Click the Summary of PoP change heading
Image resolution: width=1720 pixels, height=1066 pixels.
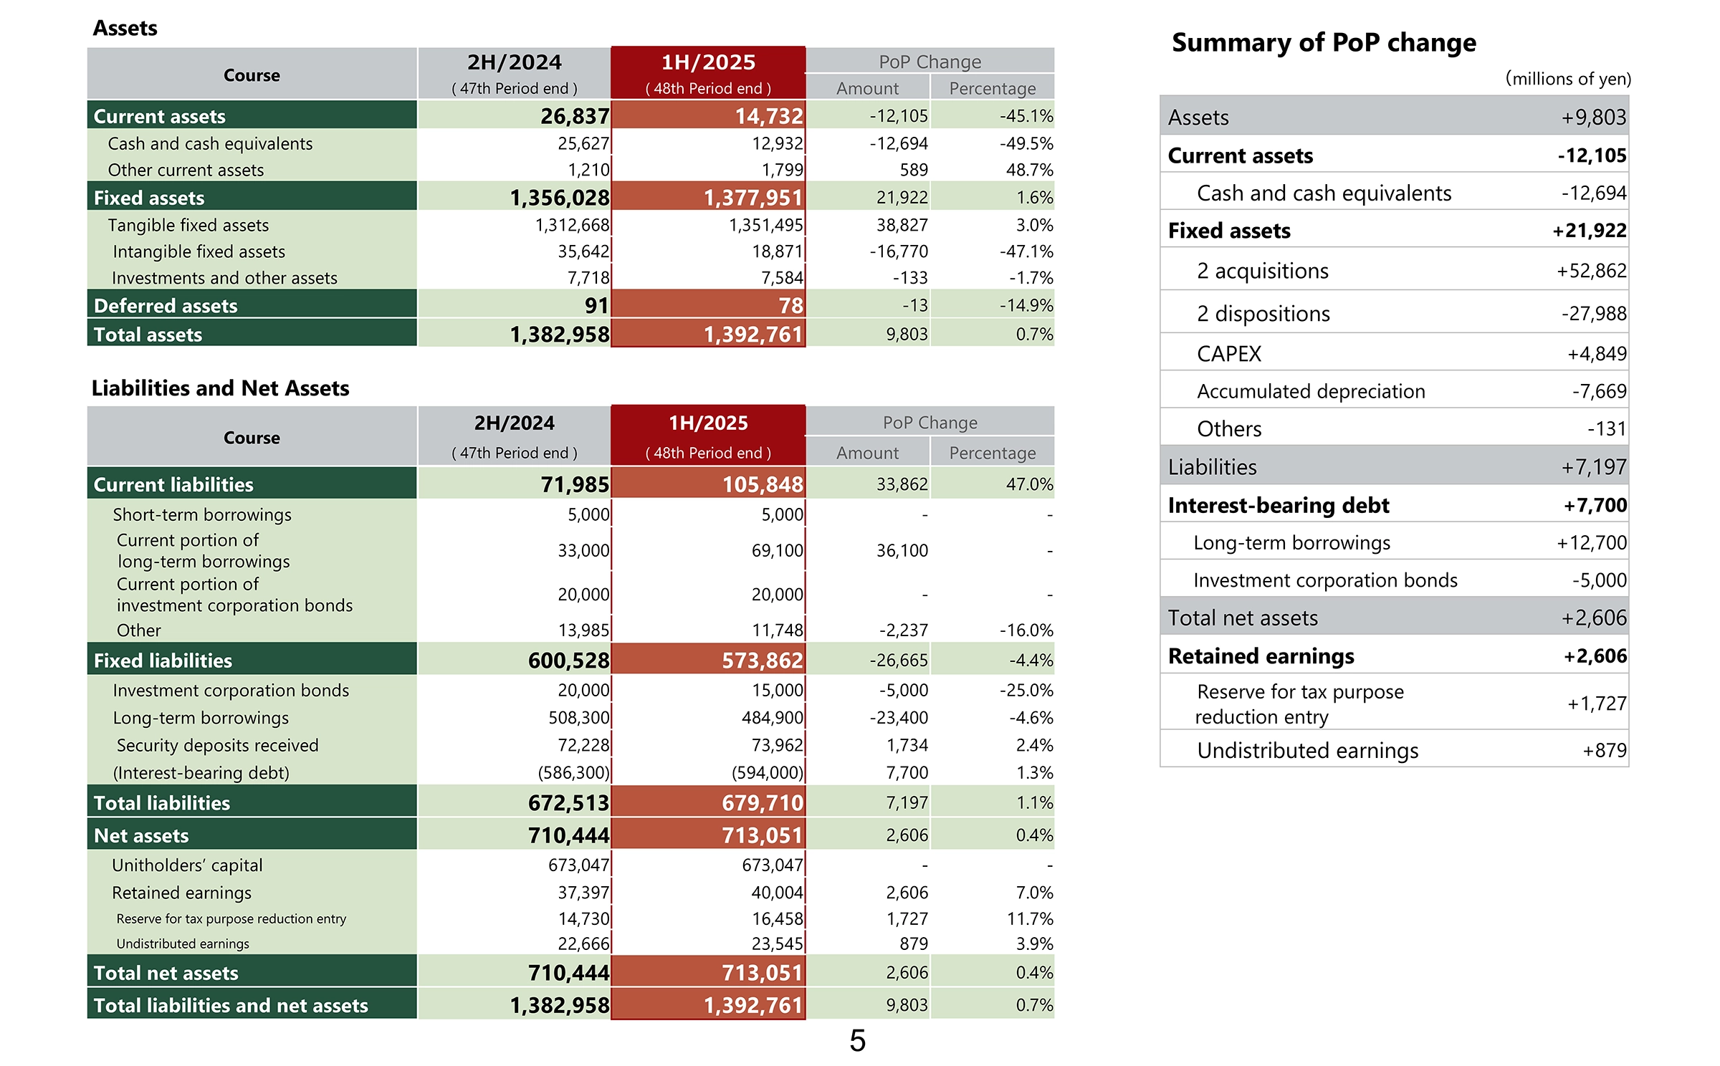pos(1324,43)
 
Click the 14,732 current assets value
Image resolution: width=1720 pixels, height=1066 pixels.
pos(768,116)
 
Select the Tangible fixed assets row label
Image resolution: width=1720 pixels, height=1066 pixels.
pos(188,226)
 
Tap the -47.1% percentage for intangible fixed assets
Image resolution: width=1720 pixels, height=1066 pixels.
pos(1026,252)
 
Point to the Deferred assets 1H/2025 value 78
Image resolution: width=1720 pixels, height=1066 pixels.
pos(790,306)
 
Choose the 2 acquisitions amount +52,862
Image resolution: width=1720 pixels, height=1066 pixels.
pos(1591,271)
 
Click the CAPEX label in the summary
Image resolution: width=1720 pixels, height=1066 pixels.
pos(1228,354)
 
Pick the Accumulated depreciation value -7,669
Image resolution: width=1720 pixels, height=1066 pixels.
pos(1599,391)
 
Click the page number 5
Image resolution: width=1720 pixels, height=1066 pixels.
pos(857,1040)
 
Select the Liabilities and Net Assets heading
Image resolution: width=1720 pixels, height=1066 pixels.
pos(220,388)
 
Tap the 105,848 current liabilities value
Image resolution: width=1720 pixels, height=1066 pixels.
pos(762,485)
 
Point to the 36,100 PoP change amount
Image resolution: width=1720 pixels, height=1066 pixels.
pos(902,551)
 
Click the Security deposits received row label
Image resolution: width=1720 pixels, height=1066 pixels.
pos(217,746)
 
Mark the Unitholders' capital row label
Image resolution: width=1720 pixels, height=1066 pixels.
pos(187,865)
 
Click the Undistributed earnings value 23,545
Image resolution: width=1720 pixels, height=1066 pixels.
pos(777,944)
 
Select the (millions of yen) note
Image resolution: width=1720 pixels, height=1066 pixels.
pos(1567,79)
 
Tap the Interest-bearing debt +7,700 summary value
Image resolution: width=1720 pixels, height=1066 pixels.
pos(1595,506)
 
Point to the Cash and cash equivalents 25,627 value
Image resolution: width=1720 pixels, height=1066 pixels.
pos(583,144)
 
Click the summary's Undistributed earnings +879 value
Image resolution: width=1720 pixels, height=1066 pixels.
pos(1604,751)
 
